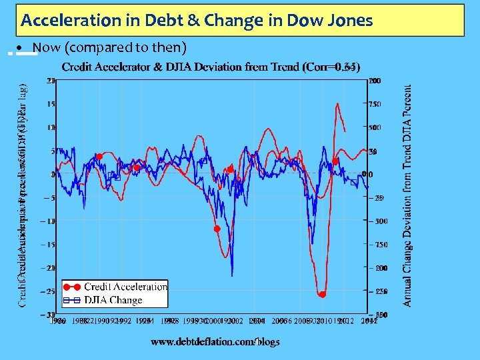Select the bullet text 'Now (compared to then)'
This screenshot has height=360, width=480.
click(109, 48)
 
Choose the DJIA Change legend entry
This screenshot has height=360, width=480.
click(113, 300)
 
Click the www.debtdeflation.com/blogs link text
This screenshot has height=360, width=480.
click(215, 341)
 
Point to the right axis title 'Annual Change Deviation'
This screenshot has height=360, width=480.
click(407, 196)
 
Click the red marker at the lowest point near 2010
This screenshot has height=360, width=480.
click(322, 294)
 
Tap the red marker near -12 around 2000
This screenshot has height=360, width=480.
click(217, 229)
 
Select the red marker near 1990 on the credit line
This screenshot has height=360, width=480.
click(99, 157)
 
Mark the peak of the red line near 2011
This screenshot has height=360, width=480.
click(338, 104)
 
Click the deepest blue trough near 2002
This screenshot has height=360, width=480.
click(232, 275)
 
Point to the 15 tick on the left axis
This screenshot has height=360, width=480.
click(51, 104)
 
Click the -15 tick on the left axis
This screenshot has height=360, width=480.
click(49, 245)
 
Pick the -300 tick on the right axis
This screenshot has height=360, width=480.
click(379, 221)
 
